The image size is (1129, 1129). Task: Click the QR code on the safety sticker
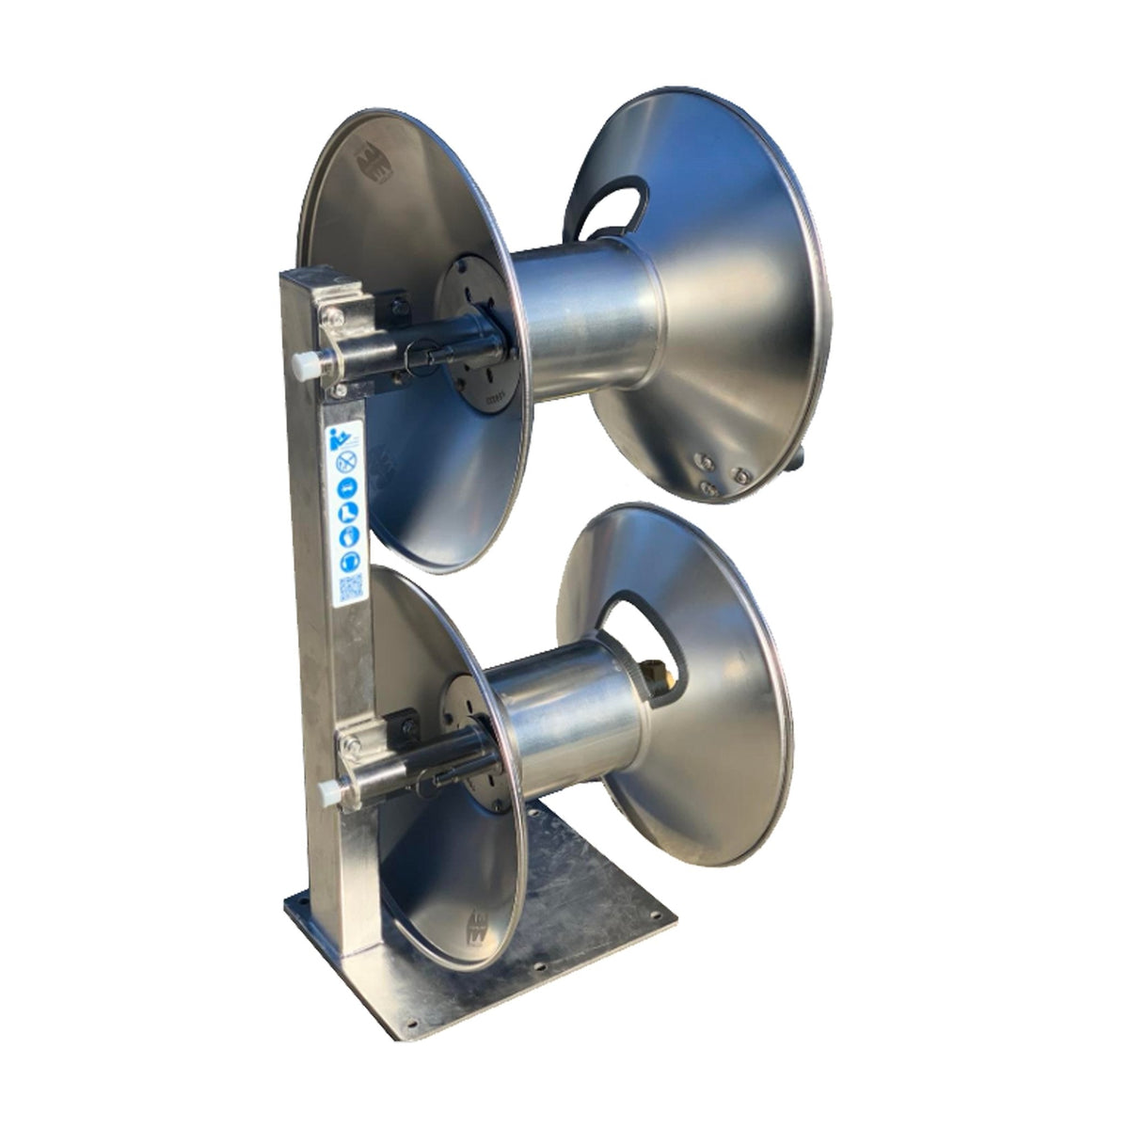pos(348,589)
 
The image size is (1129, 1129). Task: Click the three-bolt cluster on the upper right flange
pos(717,471)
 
